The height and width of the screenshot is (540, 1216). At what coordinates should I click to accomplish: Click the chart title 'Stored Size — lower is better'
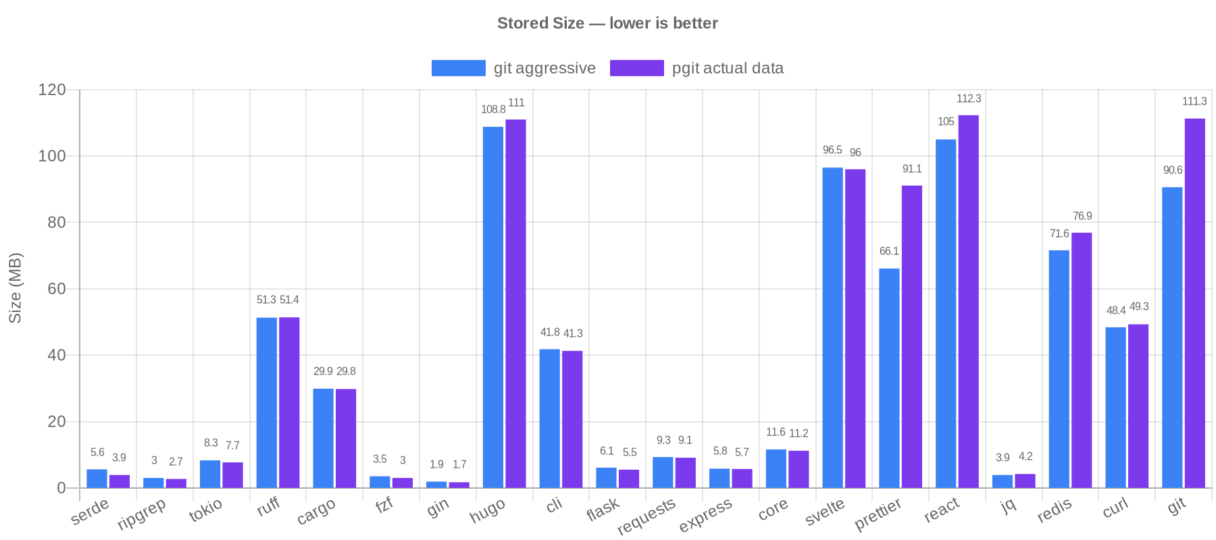coord(607,24)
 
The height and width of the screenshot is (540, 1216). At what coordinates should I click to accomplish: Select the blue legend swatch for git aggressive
coord(458,68)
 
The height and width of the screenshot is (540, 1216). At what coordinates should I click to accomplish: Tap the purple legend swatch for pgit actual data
coord(636,68)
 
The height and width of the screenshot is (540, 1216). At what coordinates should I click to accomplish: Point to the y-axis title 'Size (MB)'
coord(15,288)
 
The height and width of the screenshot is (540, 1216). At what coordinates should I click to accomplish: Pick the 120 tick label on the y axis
coord(52,90)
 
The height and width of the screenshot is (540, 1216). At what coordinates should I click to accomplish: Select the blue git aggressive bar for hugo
coord(493,307)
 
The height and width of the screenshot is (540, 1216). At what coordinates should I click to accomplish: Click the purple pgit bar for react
coord(968,301)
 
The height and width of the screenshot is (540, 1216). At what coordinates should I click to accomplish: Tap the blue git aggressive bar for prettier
coord(889,378)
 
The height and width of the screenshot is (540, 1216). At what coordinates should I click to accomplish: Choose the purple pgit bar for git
coord(1194,303)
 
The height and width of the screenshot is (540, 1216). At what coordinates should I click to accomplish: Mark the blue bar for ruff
coord(266,402)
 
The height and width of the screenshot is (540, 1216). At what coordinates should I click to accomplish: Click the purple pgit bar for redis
coord(1082,360)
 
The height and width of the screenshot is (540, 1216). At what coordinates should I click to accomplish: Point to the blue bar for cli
coord(549,418)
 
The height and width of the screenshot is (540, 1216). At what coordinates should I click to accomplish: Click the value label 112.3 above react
coord(969,99)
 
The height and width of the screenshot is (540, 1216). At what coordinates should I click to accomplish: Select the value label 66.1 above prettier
coord(889,252)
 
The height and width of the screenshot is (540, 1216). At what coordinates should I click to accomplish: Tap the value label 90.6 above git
coord(1172,171)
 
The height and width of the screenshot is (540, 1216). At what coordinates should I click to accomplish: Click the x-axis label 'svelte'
coord(825,512)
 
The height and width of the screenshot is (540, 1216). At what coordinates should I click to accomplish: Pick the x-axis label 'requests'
coord(647,516)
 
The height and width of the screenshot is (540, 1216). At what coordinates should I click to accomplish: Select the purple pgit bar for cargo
coord(346,438)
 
